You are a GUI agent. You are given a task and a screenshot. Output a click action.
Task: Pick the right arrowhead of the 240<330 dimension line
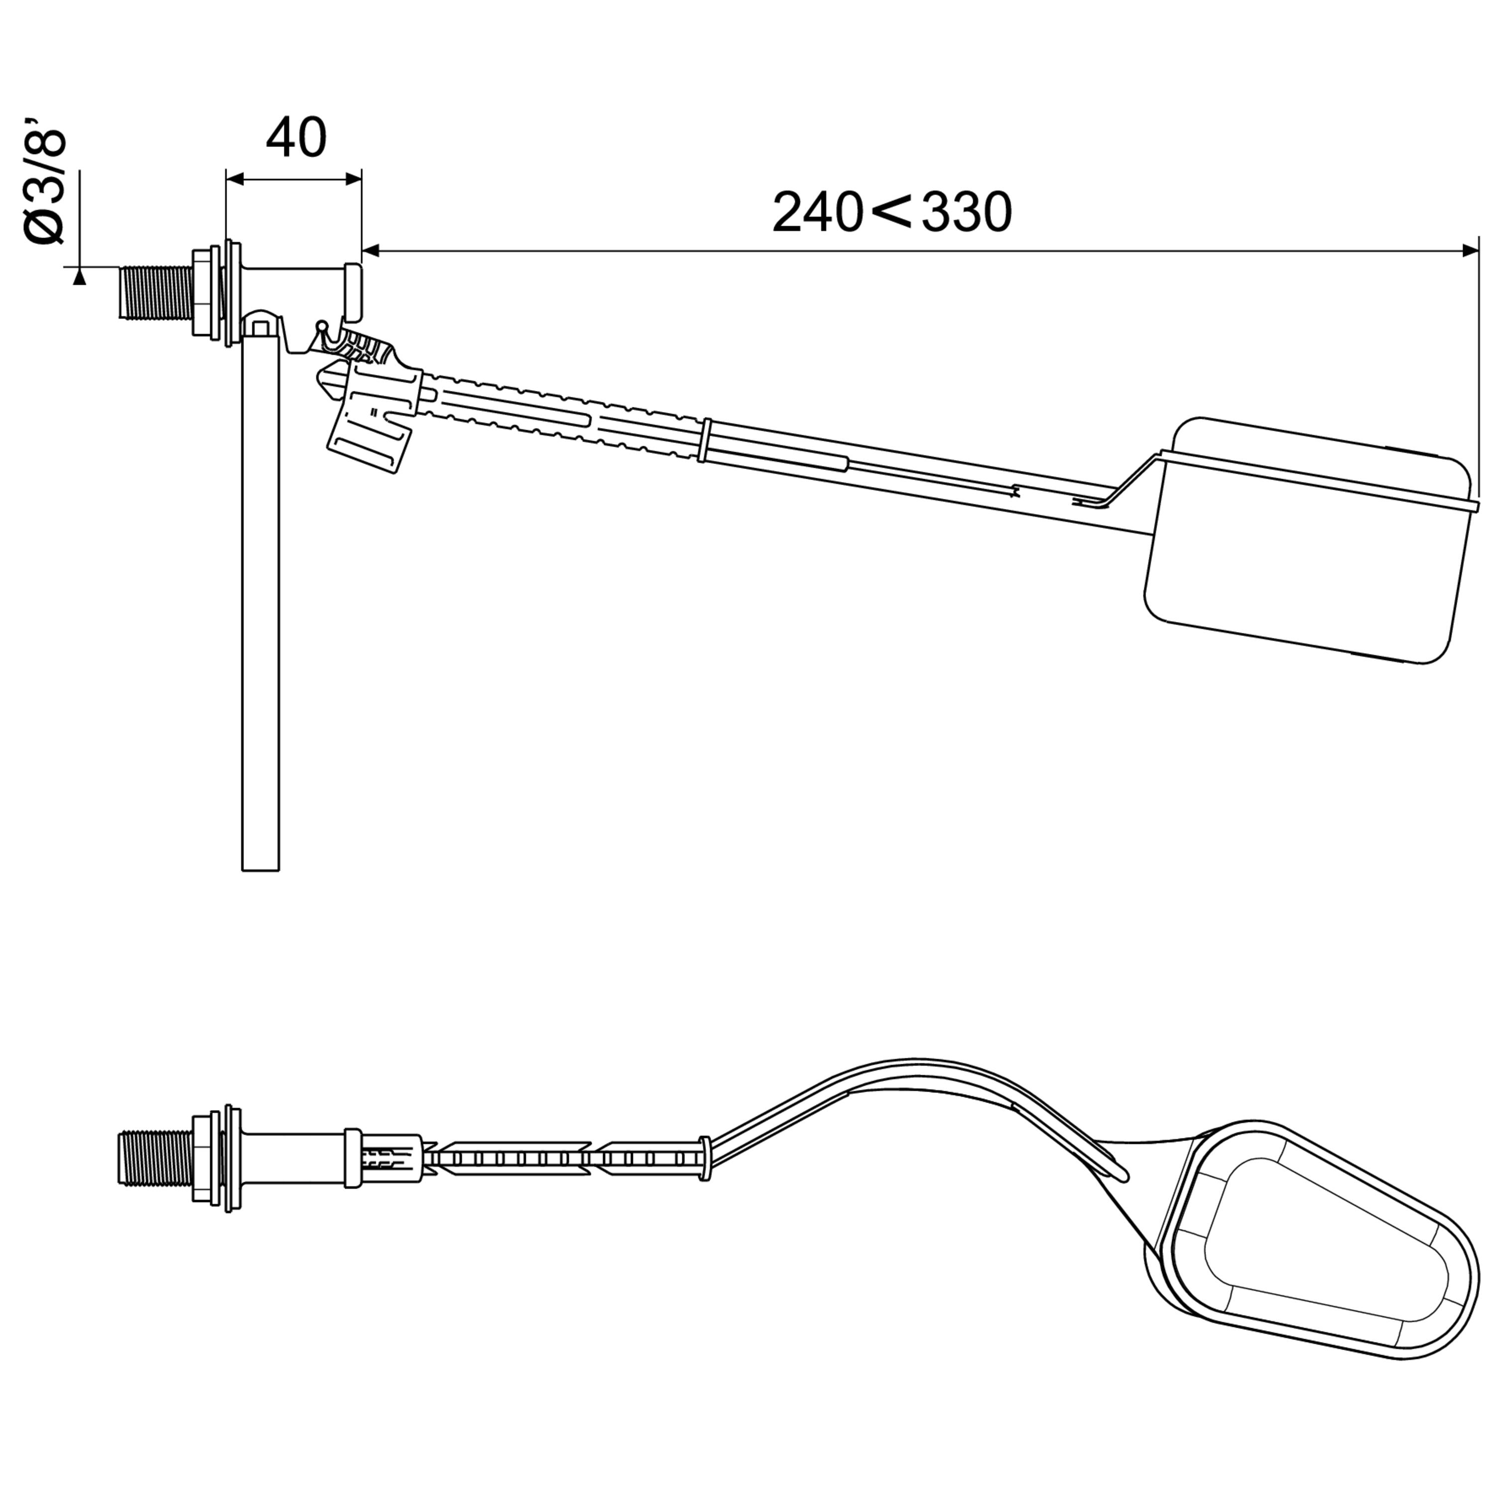click(1467, 250)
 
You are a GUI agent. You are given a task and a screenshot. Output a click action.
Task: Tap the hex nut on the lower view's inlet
click(203, 1158)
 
